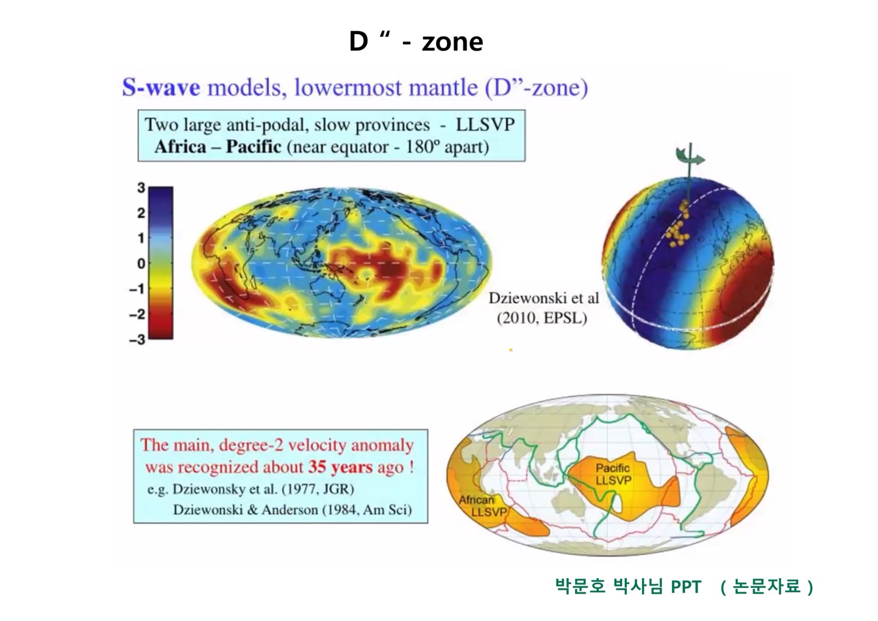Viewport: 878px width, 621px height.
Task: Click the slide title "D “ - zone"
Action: point(416,41)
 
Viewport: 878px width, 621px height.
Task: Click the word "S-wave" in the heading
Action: point(161,88)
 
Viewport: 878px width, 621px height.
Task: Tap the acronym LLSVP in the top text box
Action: point(485,125)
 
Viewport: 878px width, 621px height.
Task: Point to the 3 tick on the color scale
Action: point(141,188)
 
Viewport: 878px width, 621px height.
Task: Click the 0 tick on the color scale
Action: point(141,264)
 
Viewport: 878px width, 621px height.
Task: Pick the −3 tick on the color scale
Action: point(138,339)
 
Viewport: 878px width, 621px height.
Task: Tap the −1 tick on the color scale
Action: point(138,289)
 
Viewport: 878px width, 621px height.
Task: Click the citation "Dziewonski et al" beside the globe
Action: point(543,298)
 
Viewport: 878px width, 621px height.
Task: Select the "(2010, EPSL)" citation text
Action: point(542,318)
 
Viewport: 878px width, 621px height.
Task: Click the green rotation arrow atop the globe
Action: point(691,157)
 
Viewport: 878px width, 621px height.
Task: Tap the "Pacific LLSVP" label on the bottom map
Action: point(613,474)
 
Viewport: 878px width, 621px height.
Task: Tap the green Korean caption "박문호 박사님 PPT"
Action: point(629,587)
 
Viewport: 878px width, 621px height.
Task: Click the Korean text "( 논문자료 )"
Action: point(766,587)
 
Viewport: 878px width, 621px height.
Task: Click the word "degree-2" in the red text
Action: point(248,445)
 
